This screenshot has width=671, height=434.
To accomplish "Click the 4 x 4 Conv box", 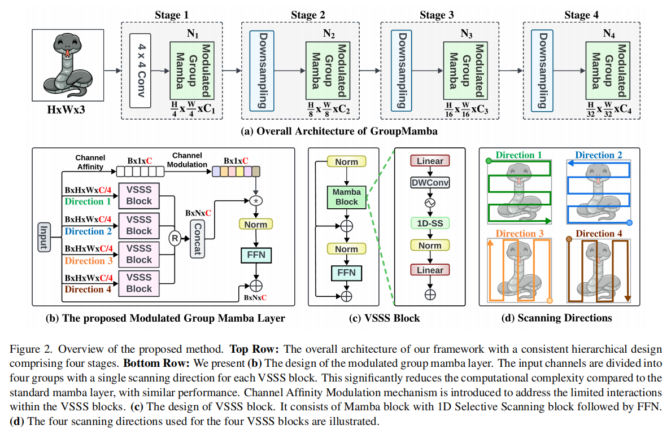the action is point(141,71).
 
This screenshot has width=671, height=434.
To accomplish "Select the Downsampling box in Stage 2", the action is point(262,71).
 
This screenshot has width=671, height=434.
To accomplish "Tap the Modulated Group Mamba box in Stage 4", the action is point(608,71).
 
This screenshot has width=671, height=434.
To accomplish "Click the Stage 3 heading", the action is point(437,15).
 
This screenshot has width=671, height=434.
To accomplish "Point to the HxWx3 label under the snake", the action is point(66,110).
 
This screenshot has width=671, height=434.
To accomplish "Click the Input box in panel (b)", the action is point(44,237).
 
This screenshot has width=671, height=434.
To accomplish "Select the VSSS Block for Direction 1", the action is point(139,195).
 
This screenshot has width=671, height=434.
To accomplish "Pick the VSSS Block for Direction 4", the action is point(139,283).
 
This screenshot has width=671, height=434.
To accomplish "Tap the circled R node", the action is point(175,239).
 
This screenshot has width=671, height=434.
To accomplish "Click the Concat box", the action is point(197,239).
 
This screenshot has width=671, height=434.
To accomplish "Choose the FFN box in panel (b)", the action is point(256,255).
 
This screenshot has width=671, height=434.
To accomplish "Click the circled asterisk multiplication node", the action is point(256,200).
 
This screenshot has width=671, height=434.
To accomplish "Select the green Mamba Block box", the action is point(347,197).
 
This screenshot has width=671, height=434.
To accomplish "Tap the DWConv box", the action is point(430,183).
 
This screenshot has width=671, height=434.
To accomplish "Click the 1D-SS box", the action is point(430,223).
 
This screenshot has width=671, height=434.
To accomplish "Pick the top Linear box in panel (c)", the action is point(430,161).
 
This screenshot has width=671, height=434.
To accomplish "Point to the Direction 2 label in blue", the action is point(598,155).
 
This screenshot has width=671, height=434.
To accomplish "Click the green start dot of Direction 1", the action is point(489,161).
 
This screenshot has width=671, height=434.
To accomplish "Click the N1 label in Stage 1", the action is point(193,33).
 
